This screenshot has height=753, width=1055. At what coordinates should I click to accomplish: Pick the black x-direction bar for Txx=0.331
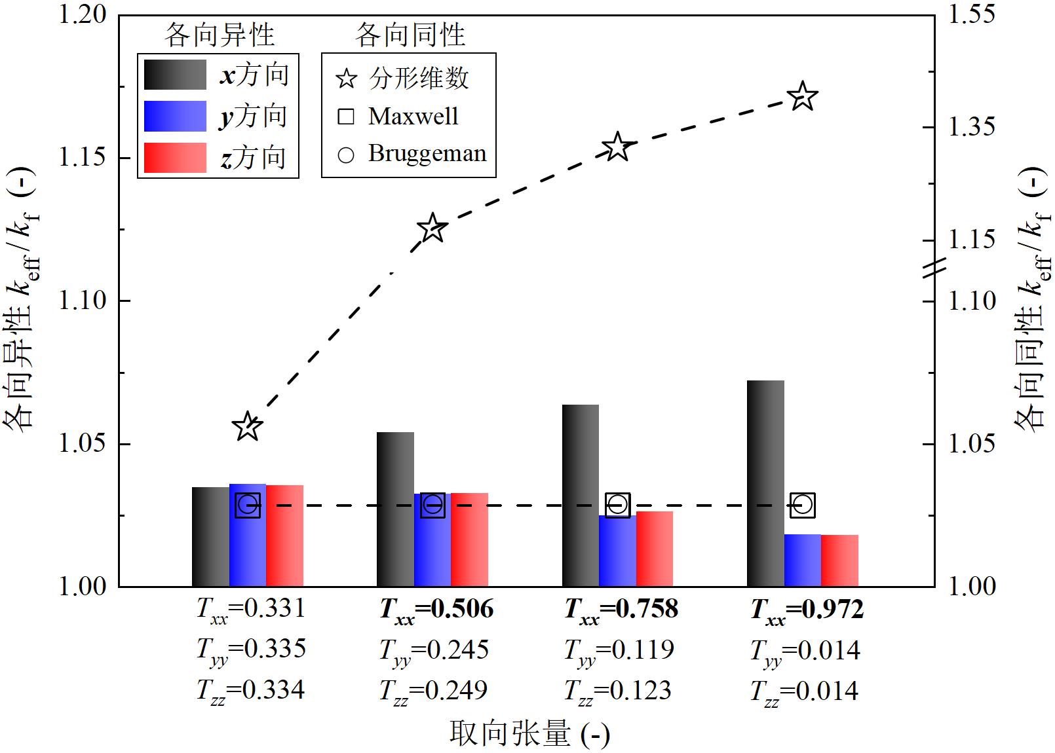210,536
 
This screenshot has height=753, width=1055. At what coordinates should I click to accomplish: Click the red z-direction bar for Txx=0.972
839,560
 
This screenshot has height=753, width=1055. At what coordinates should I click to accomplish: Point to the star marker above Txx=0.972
803,98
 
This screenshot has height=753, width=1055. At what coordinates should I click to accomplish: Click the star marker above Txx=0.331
248,427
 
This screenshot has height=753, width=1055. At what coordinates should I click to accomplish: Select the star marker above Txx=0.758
617,147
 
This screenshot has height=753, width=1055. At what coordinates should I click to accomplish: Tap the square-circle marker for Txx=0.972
803,505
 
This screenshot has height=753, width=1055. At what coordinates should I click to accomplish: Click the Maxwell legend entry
413,117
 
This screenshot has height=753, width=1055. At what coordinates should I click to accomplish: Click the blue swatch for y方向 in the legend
175,117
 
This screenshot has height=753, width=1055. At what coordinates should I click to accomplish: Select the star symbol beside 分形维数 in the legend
346,79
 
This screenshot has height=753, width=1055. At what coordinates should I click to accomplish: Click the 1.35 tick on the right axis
930,126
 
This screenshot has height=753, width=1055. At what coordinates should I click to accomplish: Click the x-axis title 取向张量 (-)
529,733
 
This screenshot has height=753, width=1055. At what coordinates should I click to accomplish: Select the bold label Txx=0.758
621,610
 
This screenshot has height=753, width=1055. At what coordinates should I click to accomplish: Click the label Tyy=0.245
434,650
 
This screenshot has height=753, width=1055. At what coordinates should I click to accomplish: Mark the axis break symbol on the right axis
934,268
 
